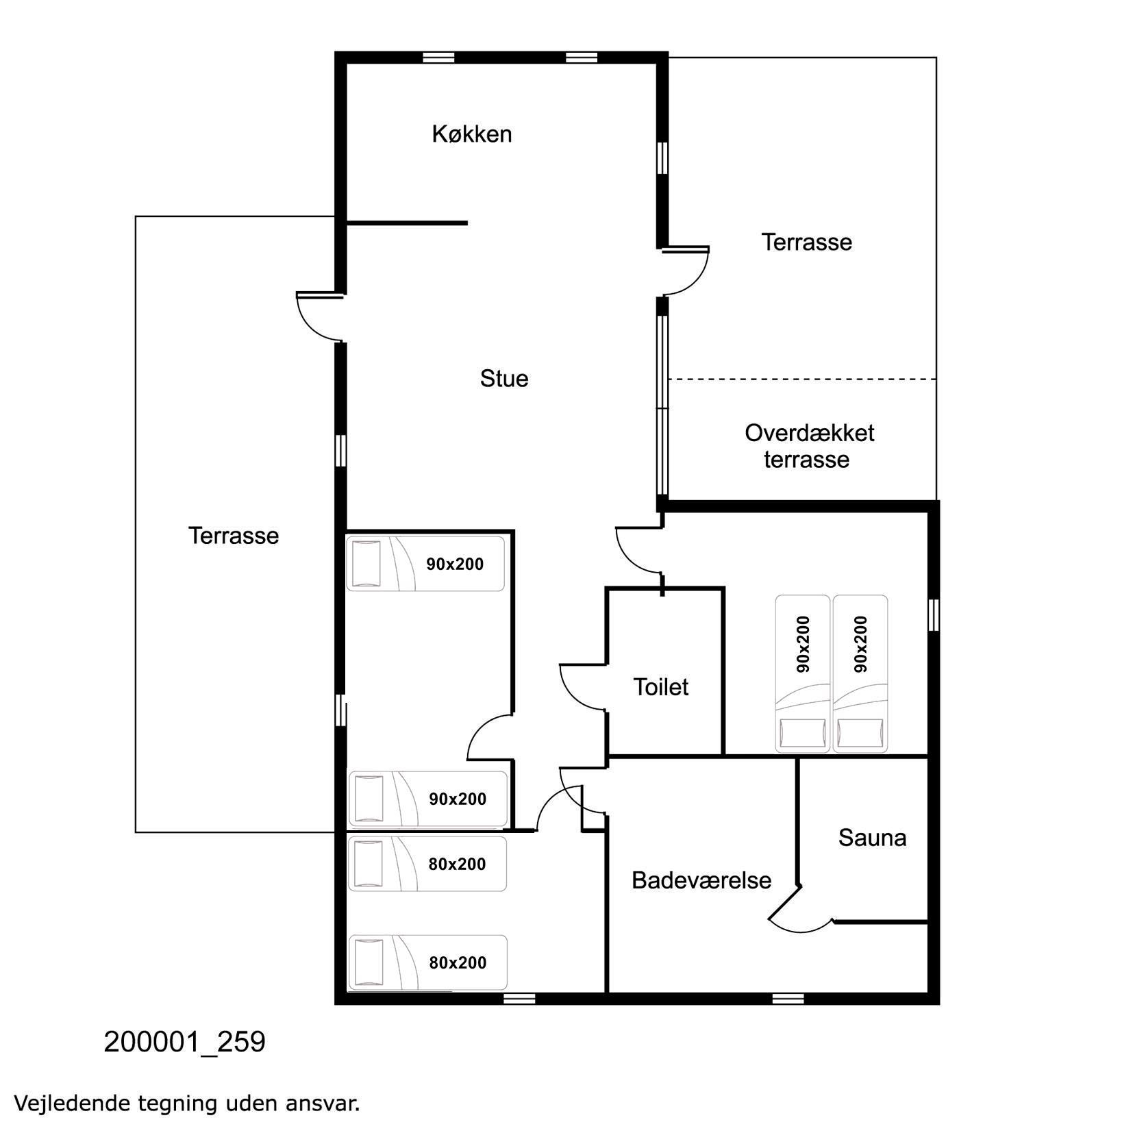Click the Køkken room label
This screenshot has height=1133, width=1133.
[471, 134]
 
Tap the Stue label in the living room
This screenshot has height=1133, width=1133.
[504, 378]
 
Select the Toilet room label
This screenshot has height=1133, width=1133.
[660, 686]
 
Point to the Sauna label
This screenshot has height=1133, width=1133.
[872, 837]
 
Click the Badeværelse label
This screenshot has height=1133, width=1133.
[701, 880]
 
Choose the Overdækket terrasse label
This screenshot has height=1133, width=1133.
[809, 446]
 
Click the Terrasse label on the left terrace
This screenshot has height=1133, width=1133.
[234, 535]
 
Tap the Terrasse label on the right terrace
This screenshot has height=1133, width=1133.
[807, 242]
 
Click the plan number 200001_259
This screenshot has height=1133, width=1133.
[184, 1042]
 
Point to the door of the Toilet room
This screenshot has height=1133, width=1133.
[582, 688]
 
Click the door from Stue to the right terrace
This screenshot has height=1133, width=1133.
[686, 271]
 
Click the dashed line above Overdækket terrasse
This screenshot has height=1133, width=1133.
[802, 379]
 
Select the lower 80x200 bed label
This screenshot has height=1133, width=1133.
[458, 962]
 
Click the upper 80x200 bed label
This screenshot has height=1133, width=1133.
[457, 864]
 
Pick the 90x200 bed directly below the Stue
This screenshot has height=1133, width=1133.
[425, 564]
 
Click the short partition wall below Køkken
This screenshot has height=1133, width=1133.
[407, 223]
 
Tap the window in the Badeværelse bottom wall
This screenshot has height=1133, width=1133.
[788, 998]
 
